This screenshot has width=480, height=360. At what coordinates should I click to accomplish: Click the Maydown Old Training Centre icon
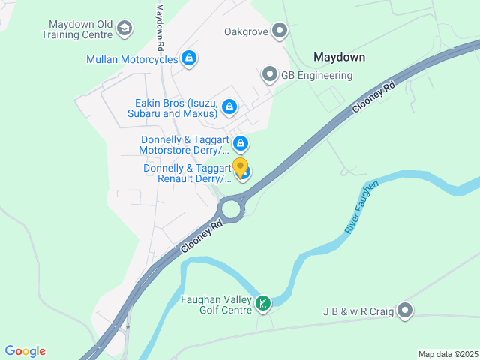(x=124, y=29)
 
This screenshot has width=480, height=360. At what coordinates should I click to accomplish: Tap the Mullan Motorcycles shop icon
(x=189, y=58)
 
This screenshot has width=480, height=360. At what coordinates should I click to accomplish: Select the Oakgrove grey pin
(x=280, y=31)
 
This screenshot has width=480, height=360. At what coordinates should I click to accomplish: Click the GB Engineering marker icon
(x=270, y=74)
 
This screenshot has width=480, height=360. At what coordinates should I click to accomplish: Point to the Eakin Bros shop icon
(x=229, y=108)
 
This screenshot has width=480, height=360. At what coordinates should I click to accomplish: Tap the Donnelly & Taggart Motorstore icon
(x=241, y=143)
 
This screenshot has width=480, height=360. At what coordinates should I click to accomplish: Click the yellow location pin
(x=240, y=167)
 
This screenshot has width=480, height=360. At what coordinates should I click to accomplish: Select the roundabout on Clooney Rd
(x=231, y=207)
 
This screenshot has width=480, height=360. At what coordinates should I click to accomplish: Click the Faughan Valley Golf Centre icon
(x=263, y=303)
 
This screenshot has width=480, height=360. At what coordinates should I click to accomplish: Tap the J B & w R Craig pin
(x=406, y=310)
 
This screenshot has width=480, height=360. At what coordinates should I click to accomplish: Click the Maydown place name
(x=339, y=57)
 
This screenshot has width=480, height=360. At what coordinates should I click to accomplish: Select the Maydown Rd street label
(x=160, y=27)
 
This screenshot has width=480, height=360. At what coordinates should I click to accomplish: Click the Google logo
(x=25, y=350)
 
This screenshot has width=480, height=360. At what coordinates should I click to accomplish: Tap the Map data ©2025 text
(x=447, y=354)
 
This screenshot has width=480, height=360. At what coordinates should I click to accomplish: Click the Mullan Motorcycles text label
(x=132, y=59)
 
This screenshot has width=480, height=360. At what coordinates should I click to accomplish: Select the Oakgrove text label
(x=246, y=31)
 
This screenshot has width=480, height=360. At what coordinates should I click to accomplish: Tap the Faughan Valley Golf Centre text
(x=216, y=304)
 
